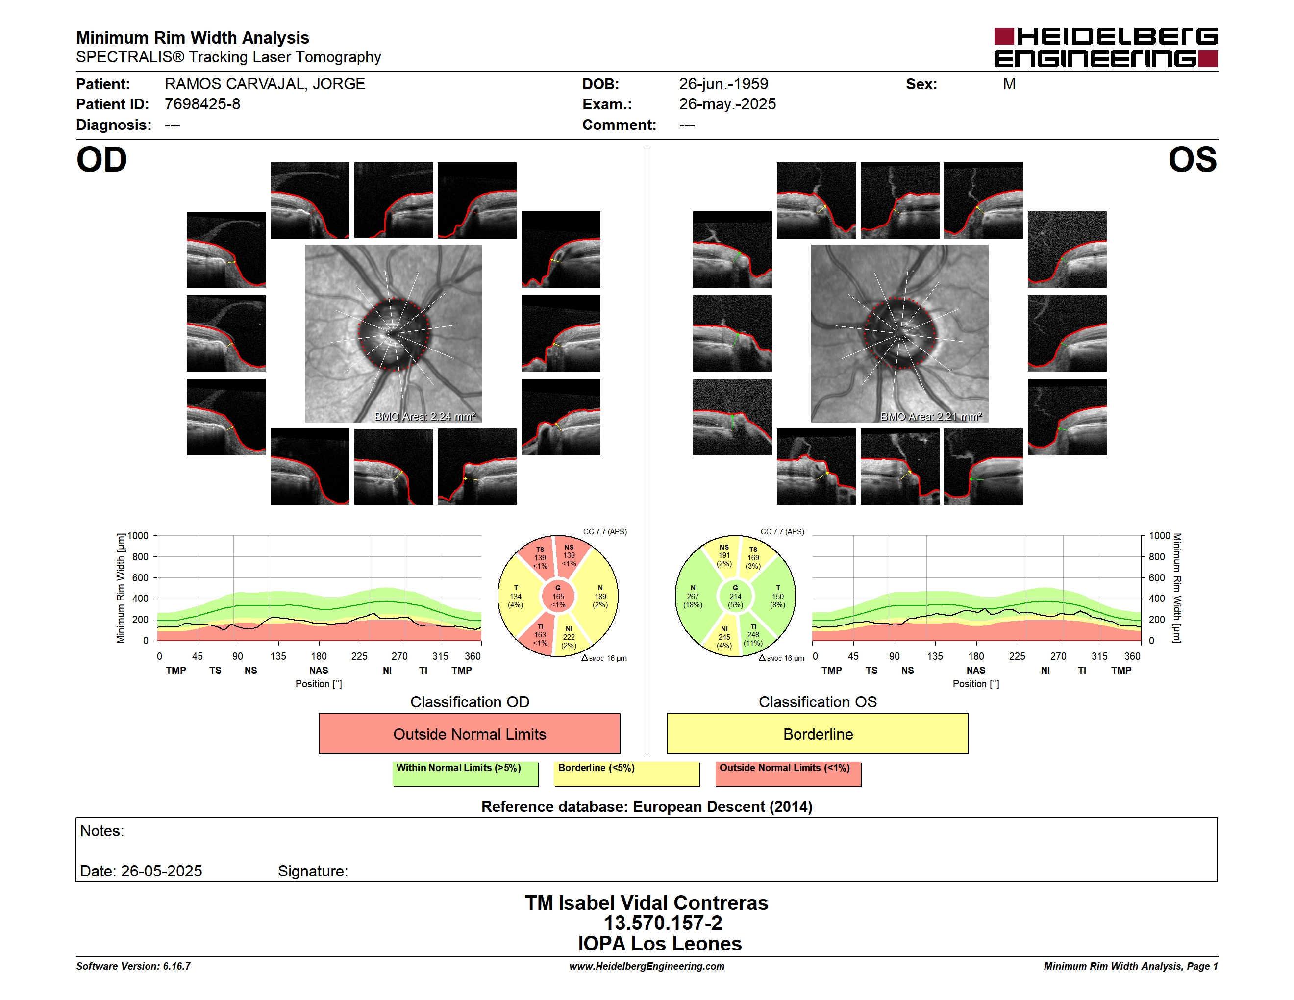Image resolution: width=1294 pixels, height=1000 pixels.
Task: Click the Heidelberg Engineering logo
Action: [1106, 48]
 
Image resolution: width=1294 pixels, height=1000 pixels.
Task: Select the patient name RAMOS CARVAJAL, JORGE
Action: [265, 84]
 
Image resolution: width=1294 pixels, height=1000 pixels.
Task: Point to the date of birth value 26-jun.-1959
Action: [723, 84]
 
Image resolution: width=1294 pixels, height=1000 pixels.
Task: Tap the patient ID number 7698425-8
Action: [202, 104]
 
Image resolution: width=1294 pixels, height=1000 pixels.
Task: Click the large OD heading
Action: [102, 160]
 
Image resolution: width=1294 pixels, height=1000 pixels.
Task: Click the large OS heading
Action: [1192, 160]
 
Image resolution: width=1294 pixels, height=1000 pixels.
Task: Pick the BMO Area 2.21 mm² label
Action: [931, 417]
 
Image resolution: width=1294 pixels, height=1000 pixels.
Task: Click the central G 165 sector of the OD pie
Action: [558, 597]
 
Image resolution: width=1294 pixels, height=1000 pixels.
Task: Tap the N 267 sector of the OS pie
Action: [693, 597]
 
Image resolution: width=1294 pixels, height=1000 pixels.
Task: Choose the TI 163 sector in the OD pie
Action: [538, 634]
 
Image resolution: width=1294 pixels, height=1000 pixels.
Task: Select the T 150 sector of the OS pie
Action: [777, 597]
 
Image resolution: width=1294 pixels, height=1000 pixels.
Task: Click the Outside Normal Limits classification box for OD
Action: [469, 733]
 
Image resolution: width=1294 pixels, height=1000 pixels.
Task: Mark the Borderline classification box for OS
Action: [818, 733]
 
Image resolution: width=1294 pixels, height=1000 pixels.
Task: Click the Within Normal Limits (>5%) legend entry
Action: [465, 774]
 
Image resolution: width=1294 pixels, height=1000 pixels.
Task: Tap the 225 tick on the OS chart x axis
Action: [1017, 656]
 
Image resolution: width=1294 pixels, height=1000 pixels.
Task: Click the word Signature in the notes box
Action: [313, 872]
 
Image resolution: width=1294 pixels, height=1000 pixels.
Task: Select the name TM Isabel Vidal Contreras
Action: [647, 903]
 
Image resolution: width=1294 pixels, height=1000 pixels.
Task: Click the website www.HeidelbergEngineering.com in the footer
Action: [647, 966]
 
